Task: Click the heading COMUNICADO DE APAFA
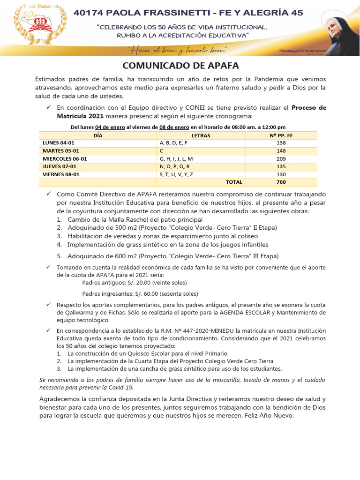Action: pos(180,65)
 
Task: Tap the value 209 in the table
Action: pos(281,159)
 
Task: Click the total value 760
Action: pos(281,182)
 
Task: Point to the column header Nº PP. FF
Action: pos(281,135)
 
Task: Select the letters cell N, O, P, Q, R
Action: pos(174,166)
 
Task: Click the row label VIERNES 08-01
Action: pos(61,174)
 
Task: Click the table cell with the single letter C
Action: pos(162,151)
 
